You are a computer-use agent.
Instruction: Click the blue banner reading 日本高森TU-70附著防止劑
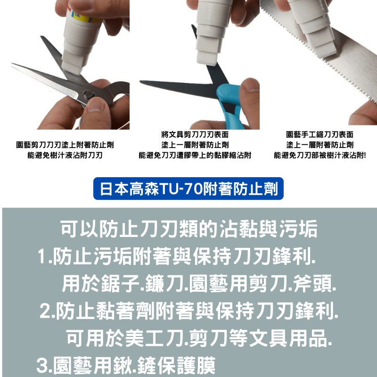pos(188,188)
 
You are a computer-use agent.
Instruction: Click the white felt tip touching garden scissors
pos(72,68)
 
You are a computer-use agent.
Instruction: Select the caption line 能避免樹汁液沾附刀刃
pos(65,156)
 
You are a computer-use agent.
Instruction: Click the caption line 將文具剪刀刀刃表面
pos(195,134)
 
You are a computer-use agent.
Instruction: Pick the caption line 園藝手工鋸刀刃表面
pos(320,134)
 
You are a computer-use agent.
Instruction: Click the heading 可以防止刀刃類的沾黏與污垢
pos(189,229)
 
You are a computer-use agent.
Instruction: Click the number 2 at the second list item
pos(45,311)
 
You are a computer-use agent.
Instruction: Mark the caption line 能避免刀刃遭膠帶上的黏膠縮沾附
pos(195,156)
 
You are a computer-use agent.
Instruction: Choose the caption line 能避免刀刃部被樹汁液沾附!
pos(320,156)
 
